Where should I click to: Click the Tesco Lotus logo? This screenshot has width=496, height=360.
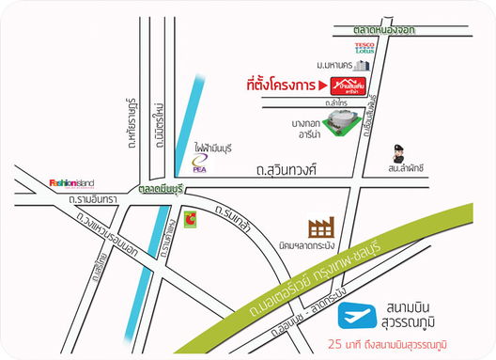(x=365, y=48)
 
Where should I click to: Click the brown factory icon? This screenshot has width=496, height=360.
(x=322, y=227)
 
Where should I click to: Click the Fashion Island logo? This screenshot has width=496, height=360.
(x=70, y=182)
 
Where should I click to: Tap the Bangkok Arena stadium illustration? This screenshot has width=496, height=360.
(x=342, y=122)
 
